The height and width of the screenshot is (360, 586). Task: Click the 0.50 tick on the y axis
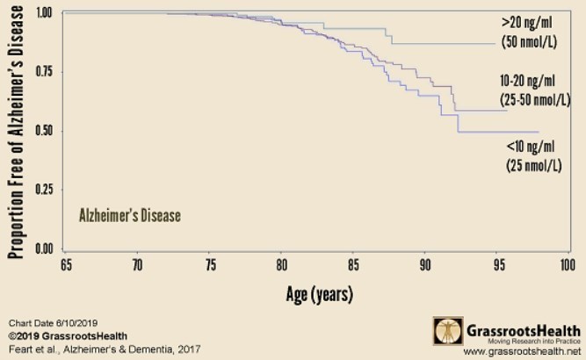coord(43,131)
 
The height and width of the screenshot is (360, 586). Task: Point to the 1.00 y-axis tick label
coord(43,13)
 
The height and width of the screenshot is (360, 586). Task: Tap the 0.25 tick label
coord(43,190)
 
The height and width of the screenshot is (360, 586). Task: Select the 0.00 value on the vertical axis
coord(43,248)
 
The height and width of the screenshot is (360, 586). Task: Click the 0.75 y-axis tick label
coord(43,72)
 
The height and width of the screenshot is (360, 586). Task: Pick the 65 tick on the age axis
coord(65,263)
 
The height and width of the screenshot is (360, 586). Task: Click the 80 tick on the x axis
coord(280,263)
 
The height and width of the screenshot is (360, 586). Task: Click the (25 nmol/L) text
coord(533,164)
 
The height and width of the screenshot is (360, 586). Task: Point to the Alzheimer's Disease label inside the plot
coord(129,213)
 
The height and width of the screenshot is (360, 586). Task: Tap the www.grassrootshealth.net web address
coord(510,351)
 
